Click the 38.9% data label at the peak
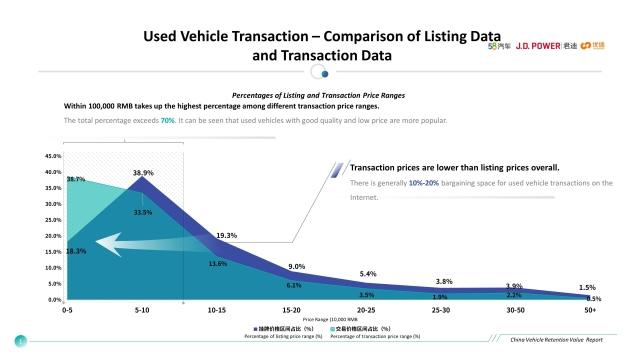[142, 173]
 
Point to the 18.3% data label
[76, 251]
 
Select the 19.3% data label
[226, 235]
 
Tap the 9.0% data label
[296, 266]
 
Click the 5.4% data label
[368, 273]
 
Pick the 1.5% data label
[587, 287]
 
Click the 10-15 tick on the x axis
[217, 311]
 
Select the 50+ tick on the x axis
[590, 311]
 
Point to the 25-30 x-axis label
[440, 311]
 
